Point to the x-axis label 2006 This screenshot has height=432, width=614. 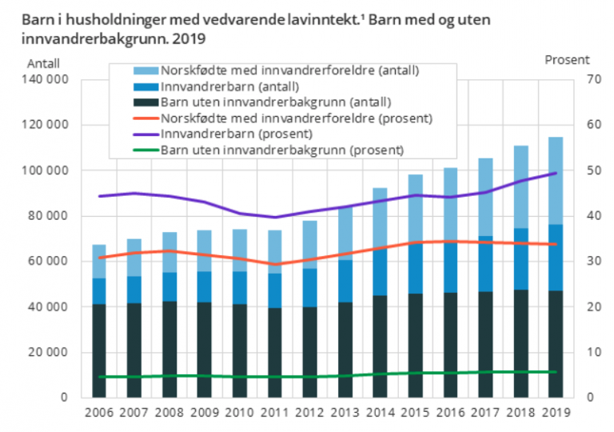tap(98, 412)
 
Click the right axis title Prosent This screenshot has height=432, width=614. tap(567, 59)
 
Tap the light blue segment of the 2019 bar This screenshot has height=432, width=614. tap(549, 180)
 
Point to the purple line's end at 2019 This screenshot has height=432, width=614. tap(556, 173)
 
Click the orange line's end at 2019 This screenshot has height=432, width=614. tap(556, 245)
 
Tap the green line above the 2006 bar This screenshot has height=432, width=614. tap(98, 377)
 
